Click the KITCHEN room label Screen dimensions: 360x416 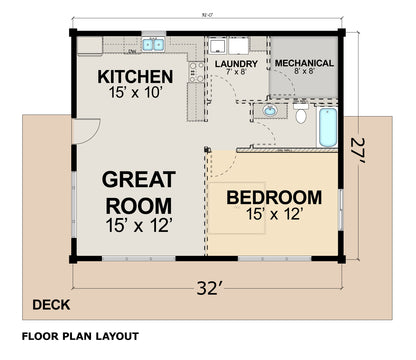(135, 77)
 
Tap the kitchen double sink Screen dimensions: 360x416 (153, 44)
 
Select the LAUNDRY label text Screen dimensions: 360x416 (236, 63)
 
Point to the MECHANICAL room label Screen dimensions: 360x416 (305, 63)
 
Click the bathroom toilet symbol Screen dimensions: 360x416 (301, 115)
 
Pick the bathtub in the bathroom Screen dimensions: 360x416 (328, 126)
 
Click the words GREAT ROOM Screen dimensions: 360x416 (139, 193)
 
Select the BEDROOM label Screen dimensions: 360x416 (273, 197)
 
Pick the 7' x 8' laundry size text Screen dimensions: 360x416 (236, 72)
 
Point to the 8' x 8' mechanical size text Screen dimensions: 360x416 (305, 72)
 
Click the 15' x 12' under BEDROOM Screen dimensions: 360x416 (273, 213)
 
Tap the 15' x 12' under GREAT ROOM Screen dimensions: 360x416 (139, 227)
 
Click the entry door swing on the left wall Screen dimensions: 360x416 (87, 130)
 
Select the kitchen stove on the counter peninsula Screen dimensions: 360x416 (192, 70)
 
